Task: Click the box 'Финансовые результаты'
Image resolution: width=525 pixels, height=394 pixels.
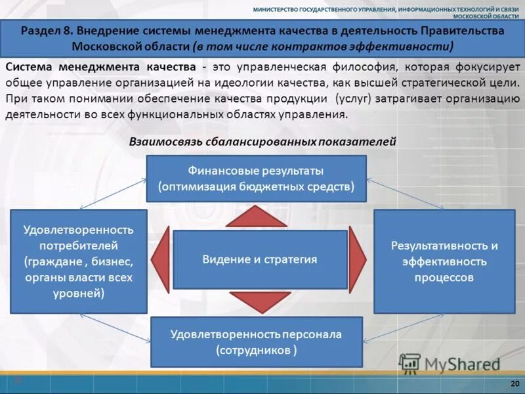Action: pos(256,178)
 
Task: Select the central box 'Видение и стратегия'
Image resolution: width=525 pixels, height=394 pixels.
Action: pos(260,259)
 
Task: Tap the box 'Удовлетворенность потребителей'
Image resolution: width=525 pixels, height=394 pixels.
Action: pos(79,261)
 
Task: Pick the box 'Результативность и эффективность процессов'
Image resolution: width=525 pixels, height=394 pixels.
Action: pos(444,261)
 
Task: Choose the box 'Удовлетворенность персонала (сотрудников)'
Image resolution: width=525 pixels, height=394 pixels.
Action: pos(256,341)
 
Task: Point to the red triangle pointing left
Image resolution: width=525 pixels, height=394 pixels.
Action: pos(162,259)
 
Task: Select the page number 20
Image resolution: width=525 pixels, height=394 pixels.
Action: pos(514,383)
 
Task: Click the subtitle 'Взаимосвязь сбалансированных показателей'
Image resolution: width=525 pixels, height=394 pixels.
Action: pos(263,141)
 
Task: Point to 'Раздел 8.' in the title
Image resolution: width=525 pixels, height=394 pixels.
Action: pos(46,31)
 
